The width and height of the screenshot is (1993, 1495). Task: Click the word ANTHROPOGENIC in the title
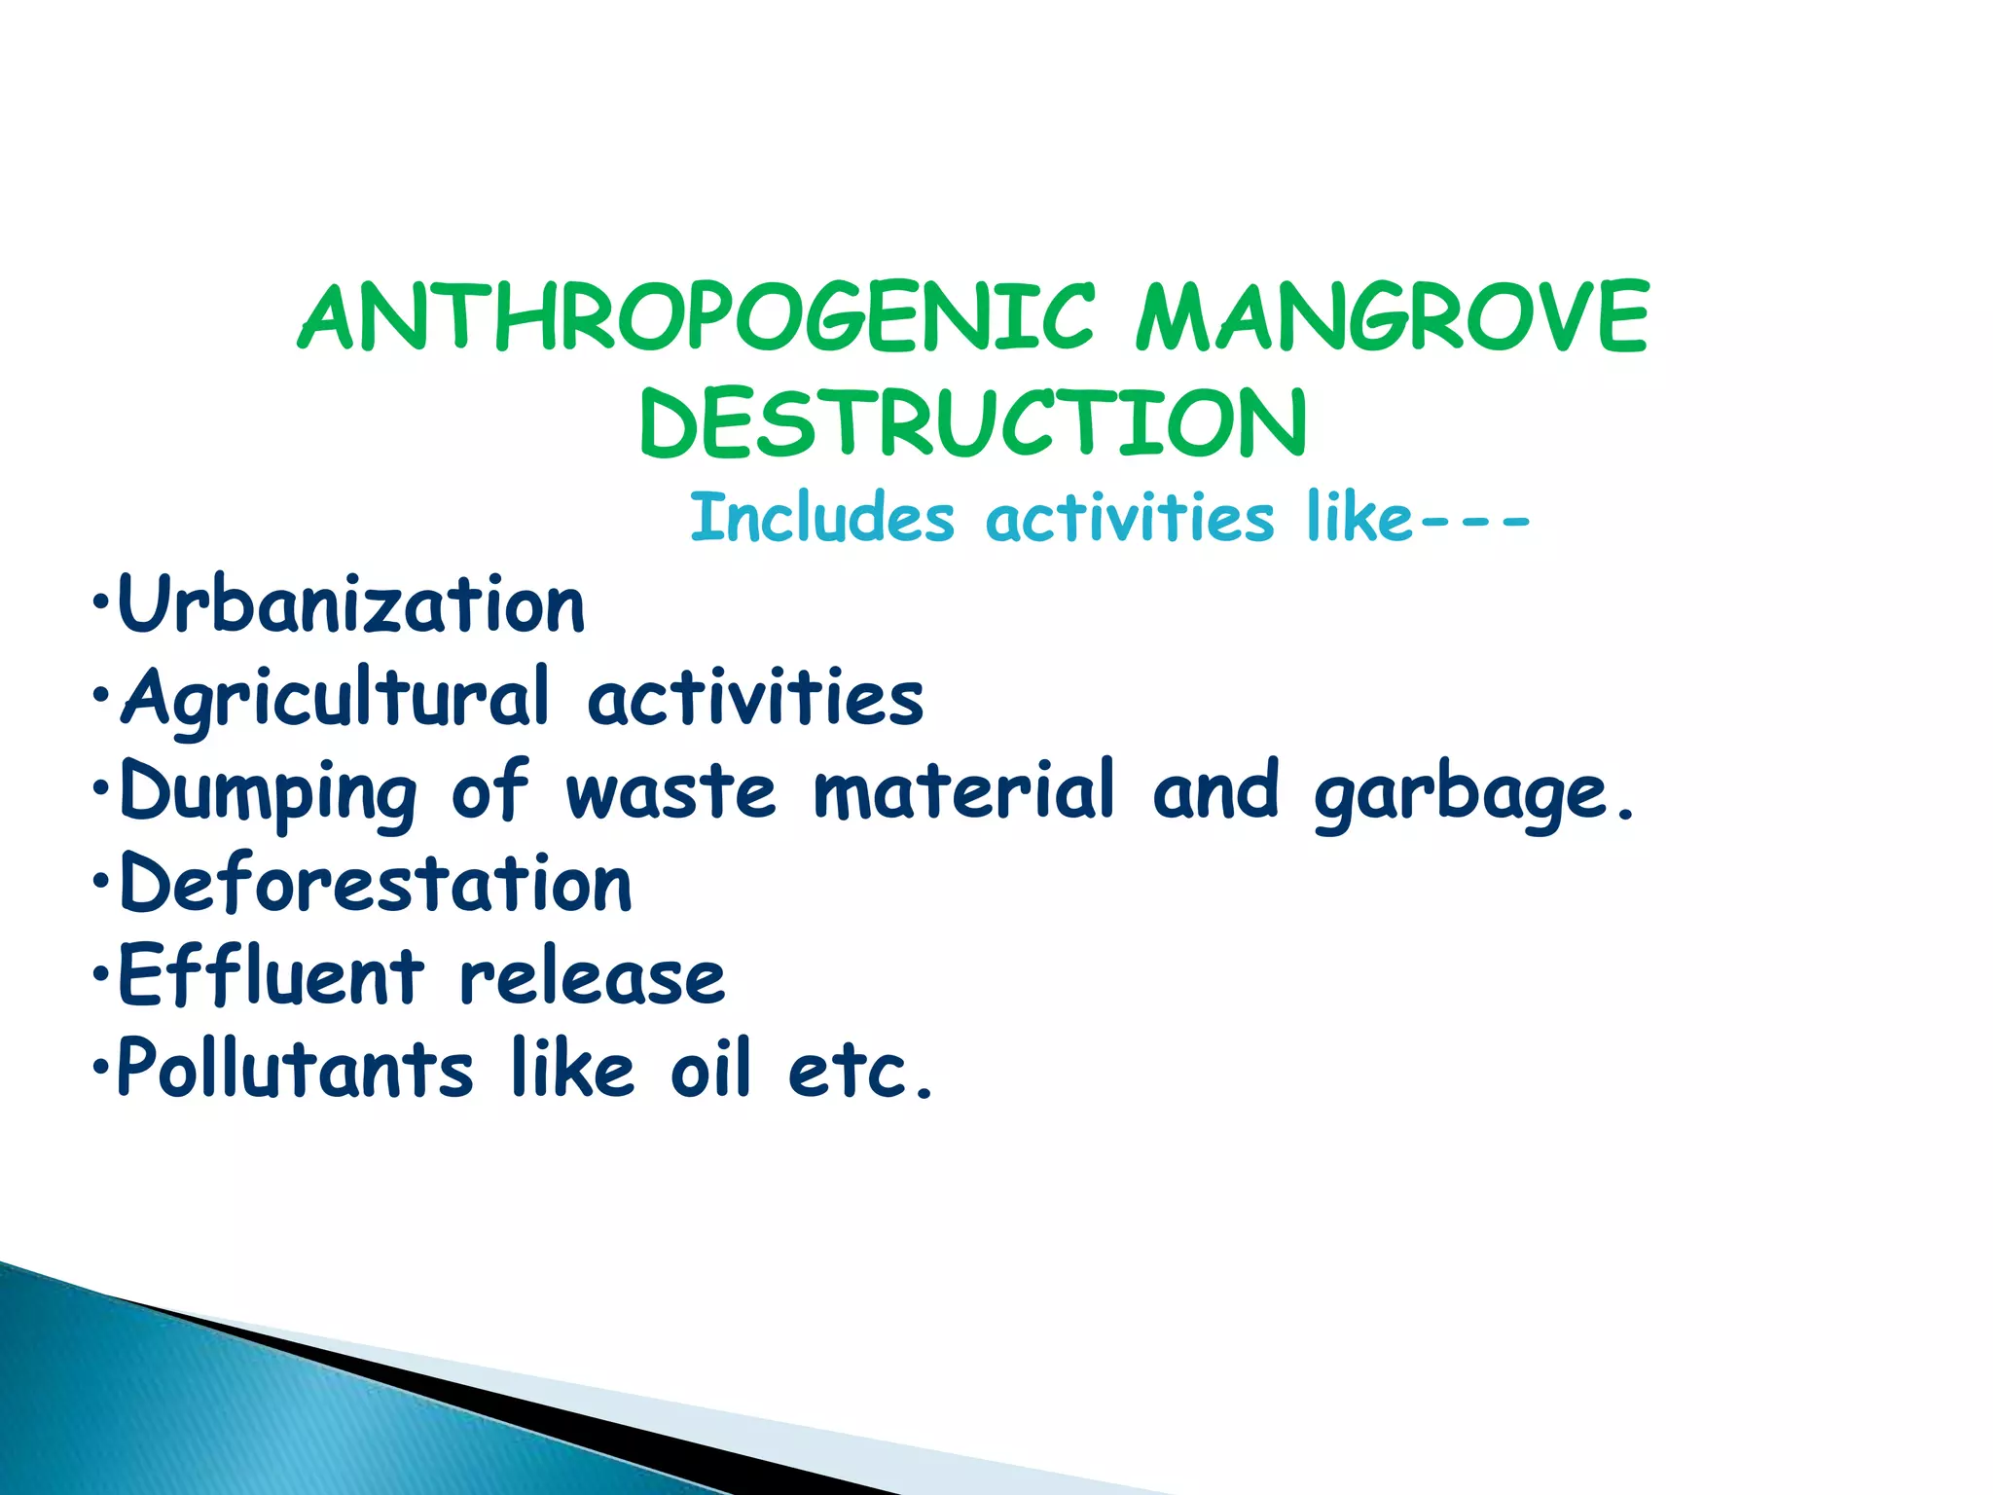(696, 317)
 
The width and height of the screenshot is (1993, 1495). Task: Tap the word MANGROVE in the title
(1392, 317)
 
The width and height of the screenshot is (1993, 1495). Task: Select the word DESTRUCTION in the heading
(973, 422)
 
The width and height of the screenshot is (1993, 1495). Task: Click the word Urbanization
(351, 604)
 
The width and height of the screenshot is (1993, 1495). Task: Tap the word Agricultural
(335, 698)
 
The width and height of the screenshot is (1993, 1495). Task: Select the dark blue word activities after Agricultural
(755, 698)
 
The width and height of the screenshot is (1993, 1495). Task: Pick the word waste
(670, 790)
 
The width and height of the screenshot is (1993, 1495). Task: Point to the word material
(963, 790)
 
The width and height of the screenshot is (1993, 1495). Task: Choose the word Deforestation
(376, 884)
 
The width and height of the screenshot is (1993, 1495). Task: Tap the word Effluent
(272, 976)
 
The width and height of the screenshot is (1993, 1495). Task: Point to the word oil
(710, 1069)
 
